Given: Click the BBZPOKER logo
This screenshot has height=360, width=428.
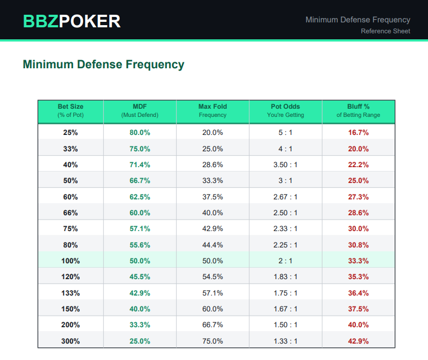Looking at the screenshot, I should (72, 21).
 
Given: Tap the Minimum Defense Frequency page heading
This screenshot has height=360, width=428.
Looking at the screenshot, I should (103, 64).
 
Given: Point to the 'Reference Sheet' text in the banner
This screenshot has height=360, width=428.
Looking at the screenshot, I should (385, 31).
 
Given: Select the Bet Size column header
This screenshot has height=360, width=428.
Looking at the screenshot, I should (71, 110).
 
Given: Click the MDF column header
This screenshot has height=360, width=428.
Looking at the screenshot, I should (140, 110).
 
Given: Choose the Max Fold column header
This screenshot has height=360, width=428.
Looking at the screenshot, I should (213, 110).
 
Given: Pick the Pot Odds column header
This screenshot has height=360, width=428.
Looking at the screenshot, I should (285, 110).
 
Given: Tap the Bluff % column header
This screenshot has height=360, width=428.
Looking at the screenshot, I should (359, 110).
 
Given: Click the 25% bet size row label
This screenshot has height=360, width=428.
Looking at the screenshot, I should (71, 132).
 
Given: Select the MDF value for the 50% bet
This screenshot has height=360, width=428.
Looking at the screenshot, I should (140, 180).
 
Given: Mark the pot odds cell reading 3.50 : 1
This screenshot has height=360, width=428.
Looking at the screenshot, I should (285, 164).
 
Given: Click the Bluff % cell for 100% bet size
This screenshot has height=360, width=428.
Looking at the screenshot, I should (359, 261).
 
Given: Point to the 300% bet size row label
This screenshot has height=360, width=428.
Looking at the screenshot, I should (71, 341).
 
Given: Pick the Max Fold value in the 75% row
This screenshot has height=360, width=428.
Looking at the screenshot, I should (213, 228).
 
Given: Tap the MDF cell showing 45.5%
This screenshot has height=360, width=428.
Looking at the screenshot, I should (140, 276).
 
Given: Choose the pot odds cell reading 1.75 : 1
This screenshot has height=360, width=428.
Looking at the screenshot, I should (285, 293).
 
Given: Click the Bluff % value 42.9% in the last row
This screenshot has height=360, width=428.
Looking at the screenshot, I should (359, 341).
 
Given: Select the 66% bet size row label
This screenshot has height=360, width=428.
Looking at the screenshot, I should (71, 213).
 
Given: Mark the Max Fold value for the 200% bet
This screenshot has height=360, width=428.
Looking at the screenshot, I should (213, 324).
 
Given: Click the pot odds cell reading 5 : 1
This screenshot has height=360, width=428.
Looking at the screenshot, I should (285, 132).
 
